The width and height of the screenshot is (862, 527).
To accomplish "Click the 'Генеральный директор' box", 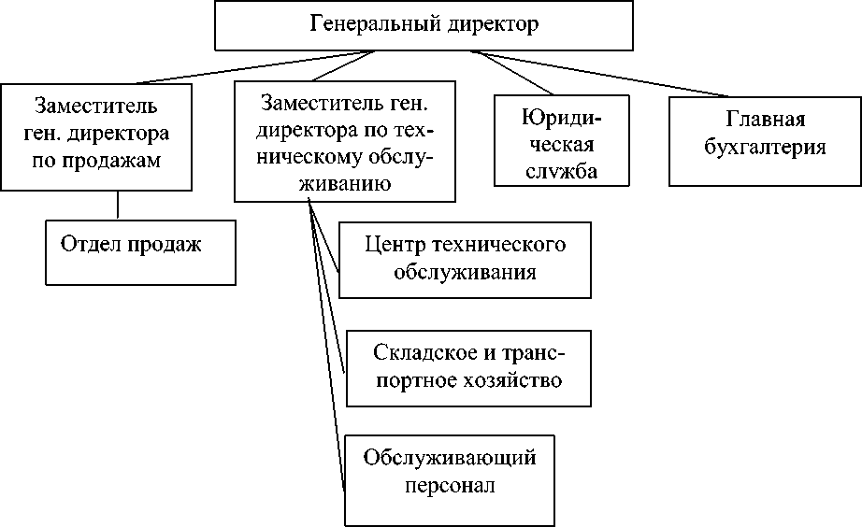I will click(424, 25).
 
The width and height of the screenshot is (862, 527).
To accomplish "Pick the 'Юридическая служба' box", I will click(560, 143).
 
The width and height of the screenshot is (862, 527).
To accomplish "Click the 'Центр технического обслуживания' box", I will click(465, 259).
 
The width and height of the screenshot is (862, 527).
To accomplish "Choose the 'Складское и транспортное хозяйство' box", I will click(468, 367).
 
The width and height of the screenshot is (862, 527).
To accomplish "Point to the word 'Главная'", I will click(765, 120).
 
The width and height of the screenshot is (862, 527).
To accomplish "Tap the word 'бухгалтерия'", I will click(766, 147).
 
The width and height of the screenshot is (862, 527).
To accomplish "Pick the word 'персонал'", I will click(450, 486).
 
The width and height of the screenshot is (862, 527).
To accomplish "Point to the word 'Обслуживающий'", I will click(450, 458).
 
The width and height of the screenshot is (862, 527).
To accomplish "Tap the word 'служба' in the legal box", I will click(560, 172).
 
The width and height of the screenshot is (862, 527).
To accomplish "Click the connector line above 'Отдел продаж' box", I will click(118, 205).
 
